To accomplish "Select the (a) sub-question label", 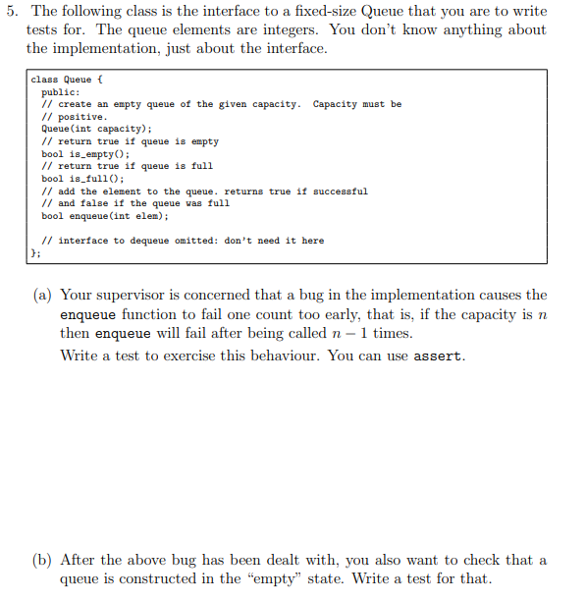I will click(x=44, y=295).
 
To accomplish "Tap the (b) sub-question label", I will click(x=44, y=560).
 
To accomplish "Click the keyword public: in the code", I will click(x=57, y=92).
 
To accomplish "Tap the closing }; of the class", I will click(x=35, y=253).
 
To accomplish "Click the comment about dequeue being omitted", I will click(x=183, y=241).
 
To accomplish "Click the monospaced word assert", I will click(x=438, y=355).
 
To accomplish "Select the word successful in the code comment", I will click(x=338, y=191).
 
